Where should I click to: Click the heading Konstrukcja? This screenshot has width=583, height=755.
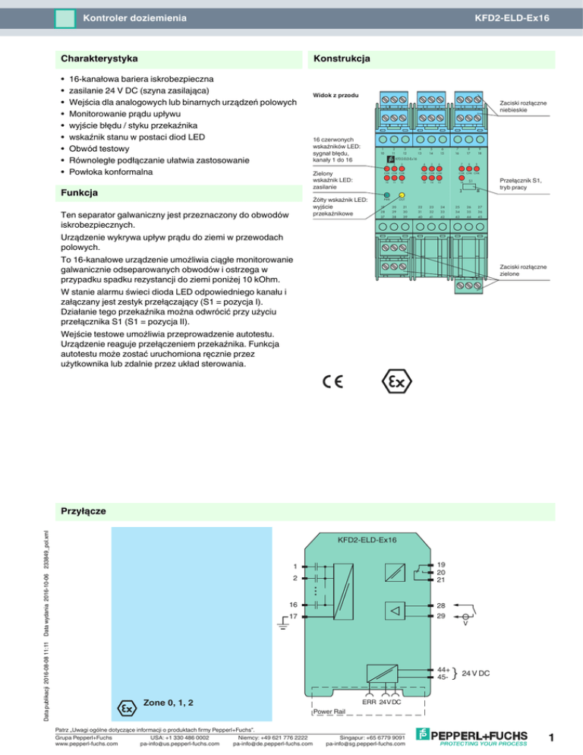click(x=342, y=58)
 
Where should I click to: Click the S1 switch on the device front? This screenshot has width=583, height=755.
click(x=471, y=185)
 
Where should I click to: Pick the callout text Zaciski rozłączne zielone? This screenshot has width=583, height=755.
click(x=528, y=269)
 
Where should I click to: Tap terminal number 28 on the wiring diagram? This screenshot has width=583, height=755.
click(x=441, y=605)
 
